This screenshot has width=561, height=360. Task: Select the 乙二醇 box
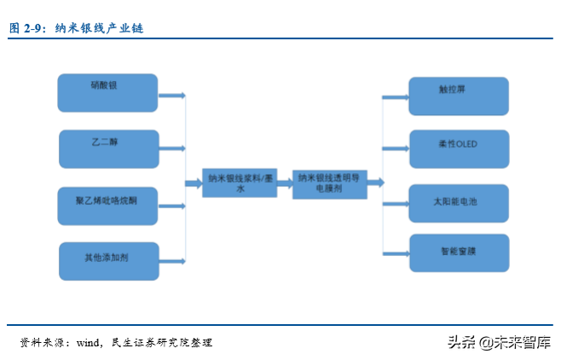[x=108, y=148]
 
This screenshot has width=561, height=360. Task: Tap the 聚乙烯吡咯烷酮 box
[x=108, y=206]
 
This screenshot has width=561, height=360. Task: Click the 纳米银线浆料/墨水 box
[x=241, y=183]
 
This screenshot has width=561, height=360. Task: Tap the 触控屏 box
[x=458, y=96]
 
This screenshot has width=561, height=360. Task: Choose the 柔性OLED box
[x=458, y=148]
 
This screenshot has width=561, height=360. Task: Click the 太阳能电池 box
[x=458, y=204]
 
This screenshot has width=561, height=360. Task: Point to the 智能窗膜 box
[x=458, y=253]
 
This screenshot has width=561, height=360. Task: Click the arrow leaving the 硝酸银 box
[x=173, y=96]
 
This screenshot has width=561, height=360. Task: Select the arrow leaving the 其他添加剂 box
[x=173, y=259]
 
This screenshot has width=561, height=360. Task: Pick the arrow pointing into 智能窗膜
[x=394, y=253]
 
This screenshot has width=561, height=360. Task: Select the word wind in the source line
[x=89, y=342]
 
